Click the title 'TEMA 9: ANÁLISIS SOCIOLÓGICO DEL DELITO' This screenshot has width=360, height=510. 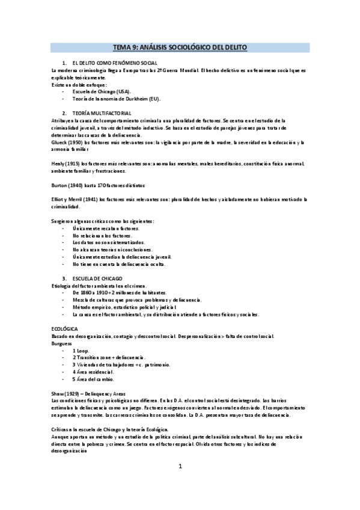coord(180,47)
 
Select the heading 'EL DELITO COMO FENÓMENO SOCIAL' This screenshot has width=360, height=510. coord(114,63)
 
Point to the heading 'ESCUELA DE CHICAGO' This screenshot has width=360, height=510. coord(97,278)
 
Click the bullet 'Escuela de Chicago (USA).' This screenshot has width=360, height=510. coord(102,91)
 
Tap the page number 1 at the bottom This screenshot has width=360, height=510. coord(180,484)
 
